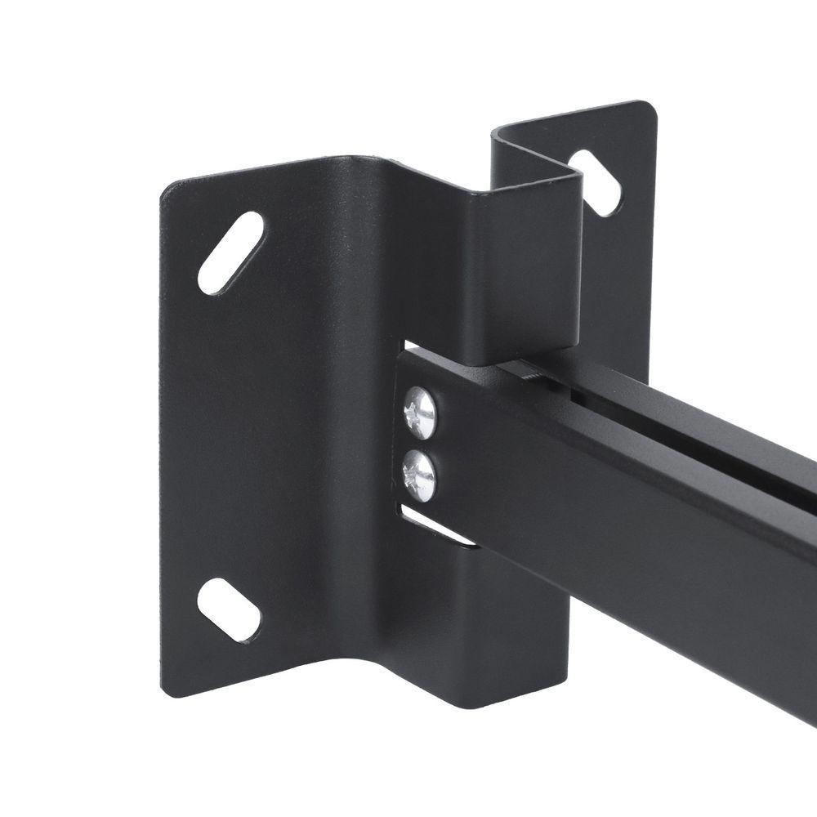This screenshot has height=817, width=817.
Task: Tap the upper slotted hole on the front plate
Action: [x=230, y=252]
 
